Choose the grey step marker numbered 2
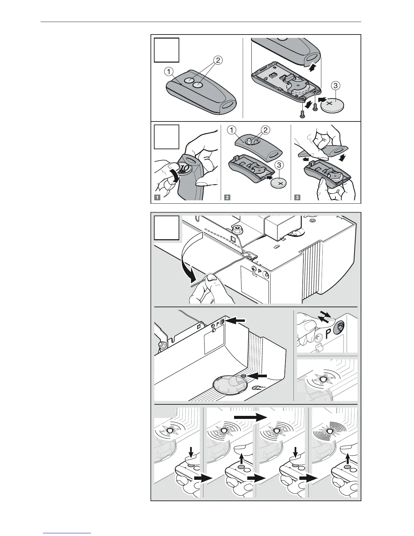pos(227,198)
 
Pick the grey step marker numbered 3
pos(297,198)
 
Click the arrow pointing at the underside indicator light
pos(259,376)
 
